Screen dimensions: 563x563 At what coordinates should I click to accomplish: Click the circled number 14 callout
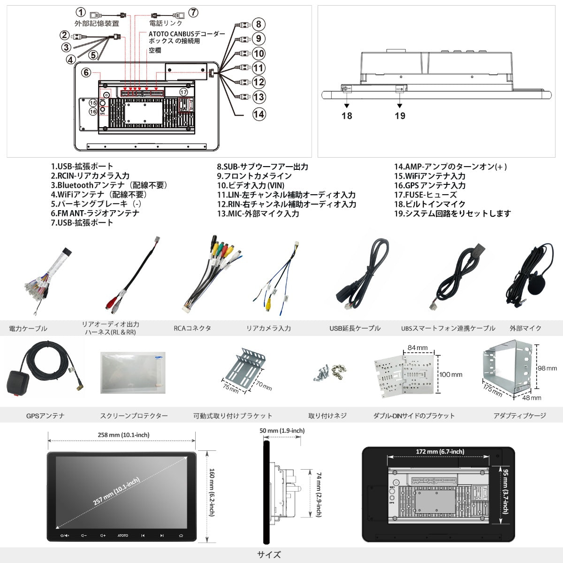pyautogui.click(x=259, y=114)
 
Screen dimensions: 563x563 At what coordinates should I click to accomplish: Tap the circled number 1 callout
pyautogui.click(x=81, y=12)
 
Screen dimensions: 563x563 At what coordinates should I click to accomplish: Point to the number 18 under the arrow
pyautogui.click(x=347, y=115)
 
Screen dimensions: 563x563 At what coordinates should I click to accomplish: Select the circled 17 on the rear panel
pyautogui.click(x=183, y=92)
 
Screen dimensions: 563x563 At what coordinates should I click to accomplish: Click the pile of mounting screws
pyautogui.click(x=327, y=372)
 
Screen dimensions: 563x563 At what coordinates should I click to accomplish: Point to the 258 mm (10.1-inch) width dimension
pyautogui.click(x=123, y=435)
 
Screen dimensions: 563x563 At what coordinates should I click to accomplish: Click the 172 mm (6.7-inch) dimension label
pyautogui.click(x=440, y=451)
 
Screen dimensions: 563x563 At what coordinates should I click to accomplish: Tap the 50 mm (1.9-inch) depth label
pyautogui.click(x=281, y=431)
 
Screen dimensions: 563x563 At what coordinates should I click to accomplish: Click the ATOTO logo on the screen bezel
pyautogui.click(x=122, y=535)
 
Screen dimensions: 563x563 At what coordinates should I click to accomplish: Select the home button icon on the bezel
pyautogui.click(x=181, y=535)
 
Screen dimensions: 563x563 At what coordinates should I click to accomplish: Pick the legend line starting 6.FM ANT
pyautogui.click(x=95, y=213)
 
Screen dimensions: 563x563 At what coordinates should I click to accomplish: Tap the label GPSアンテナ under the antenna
pyautogui.click(x=46, y=416)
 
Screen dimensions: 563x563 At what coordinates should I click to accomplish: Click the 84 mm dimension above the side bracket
pyautogui.click(x=418, y=348)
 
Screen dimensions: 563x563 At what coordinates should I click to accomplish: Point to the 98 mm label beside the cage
pyautogui.click(x=547, y=368)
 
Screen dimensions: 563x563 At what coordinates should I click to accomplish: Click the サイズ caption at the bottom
pyautogui.click(x=269, y=555)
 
